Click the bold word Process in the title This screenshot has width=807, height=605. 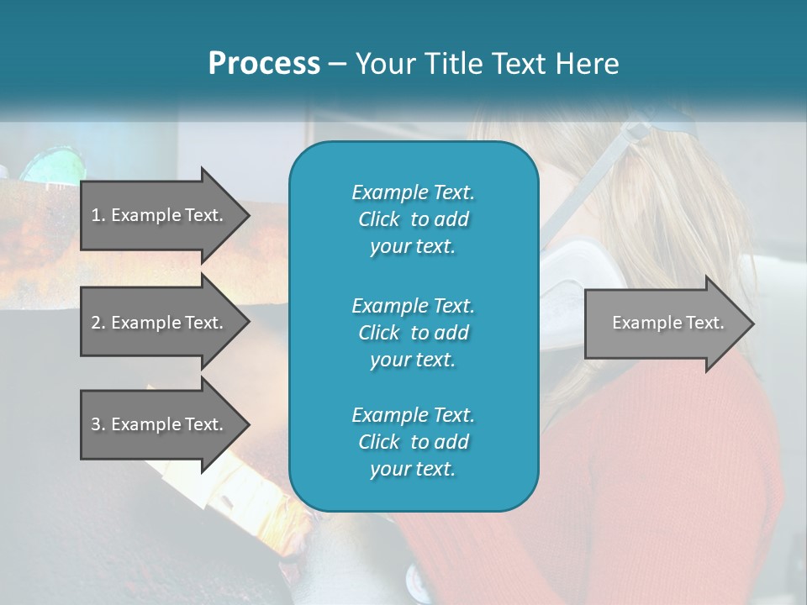264,64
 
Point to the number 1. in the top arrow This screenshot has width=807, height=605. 98,215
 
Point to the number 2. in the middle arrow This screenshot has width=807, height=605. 98,323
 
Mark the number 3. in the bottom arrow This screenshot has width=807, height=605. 98,424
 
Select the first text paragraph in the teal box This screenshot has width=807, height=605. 413,219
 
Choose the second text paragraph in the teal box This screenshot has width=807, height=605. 413,333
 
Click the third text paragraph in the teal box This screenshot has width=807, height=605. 413,442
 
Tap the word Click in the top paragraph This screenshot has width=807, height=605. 378,219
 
